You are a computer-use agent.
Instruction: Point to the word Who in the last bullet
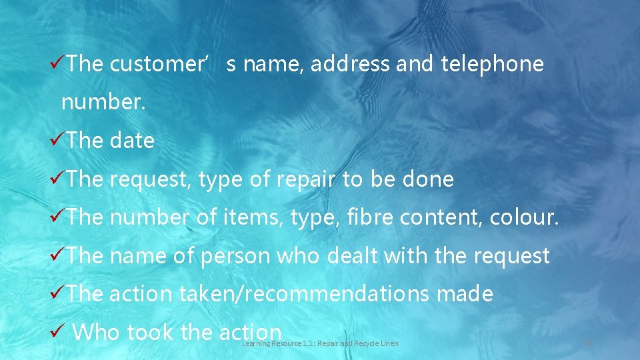[x=96, y=332]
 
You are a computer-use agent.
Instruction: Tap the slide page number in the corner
[x=587, y=343]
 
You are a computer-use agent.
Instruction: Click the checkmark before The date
[x=57, y=141]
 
